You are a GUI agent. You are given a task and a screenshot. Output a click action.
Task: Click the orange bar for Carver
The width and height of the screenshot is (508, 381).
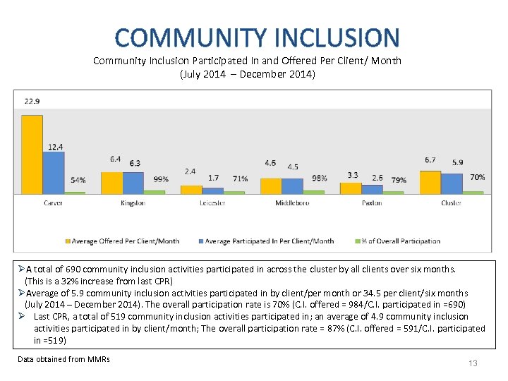(32, 154)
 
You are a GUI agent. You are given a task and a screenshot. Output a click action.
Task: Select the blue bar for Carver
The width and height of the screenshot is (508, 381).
(53, 172)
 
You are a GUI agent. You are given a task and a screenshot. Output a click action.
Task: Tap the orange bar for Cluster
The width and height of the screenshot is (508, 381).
(430, 181)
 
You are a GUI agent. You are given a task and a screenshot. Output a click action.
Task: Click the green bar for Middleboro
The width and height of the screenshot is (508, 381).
(314, 192)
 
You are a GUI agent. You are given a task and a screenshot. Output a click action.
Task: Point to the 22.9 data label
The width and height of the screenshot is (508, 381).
(32, 101)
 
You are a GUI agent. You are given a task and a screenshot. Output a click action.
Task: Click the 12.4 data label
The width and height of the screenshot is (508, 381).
(56, 146)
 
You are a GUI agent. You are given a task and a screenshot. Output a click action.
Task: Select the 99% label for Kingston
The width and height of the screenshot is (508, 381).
(160, 179)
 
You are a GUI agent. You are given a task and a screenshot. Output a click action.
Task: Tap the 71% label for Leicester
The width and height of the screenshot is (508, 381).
(240, 179)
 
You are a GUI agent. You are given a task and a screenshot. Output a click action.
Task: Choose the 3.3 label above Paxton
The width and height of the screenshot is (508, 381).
(352, 175)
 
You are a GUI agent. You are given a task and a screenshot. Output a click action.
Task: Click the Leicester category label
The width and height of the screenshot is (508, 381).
(212, 203)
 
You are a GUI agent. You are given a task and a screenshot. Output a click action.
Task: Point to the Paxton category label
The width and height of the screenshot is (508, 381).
(372, 203)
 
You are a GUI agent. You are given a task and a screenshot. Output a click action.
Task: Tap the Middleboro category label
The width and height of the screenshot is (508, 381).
(292, 203)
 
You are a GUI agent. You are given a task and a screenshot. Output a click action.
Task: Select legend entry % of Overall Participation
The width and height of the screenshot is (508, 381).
(400, 241)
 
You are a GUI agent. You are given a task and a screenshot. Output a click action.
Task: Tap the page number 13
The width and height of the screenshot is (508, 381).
(473, 363)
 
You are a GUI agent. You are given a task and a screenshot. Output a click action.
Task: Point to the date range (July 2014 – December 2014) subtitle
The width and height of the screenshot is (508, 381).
(247, 73)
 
